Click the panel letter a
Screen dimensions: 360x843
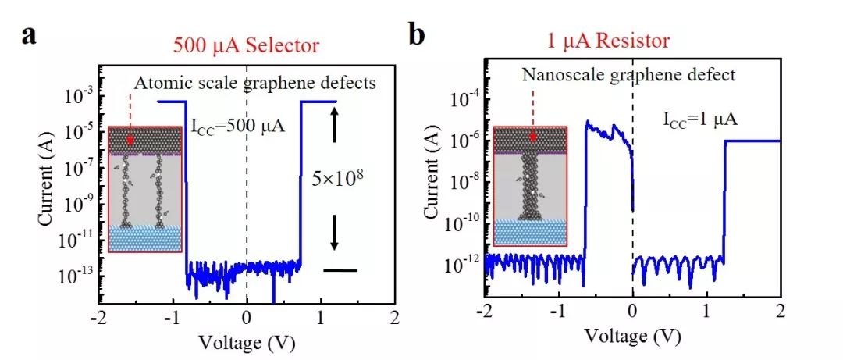(x=30, y=37)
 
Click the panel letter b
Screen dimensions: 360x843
(x=417, y=37)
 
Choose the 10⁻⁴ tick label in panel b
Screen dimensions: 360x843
(x=464, y=99)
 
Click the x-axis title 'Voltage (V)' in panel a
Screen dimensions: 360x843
(x=246, y=341)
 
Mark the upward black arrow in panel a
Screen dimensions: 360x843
(x=335, y=127)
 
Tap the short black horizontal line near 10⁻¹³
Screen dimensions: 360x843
(x=340, y=270)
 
